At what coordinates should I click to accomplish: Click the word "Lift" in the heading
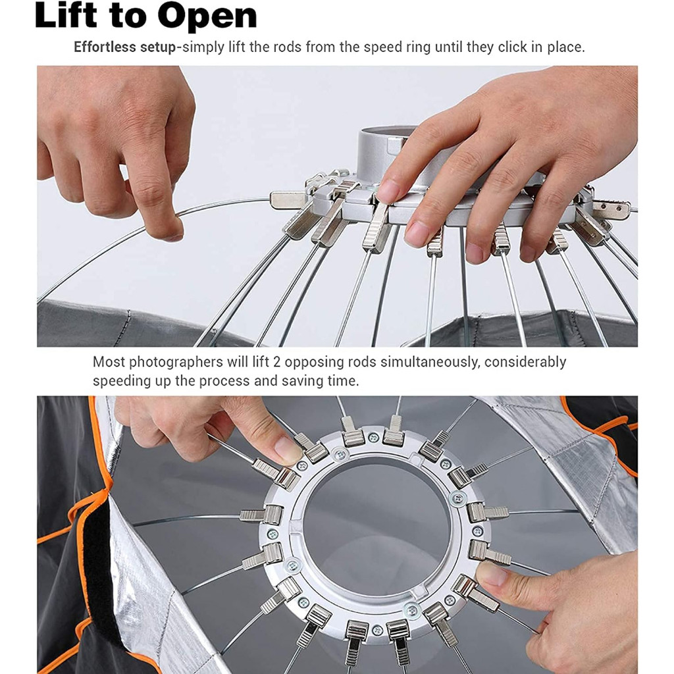(x=66, y=16)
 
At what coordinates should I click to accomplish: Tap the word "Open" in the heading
(x=207, y=17)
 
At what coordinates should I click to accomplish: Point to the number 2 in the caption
(x=276, y=362)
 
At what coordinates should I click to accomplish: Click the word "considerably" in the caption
(x=525, y=363)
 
